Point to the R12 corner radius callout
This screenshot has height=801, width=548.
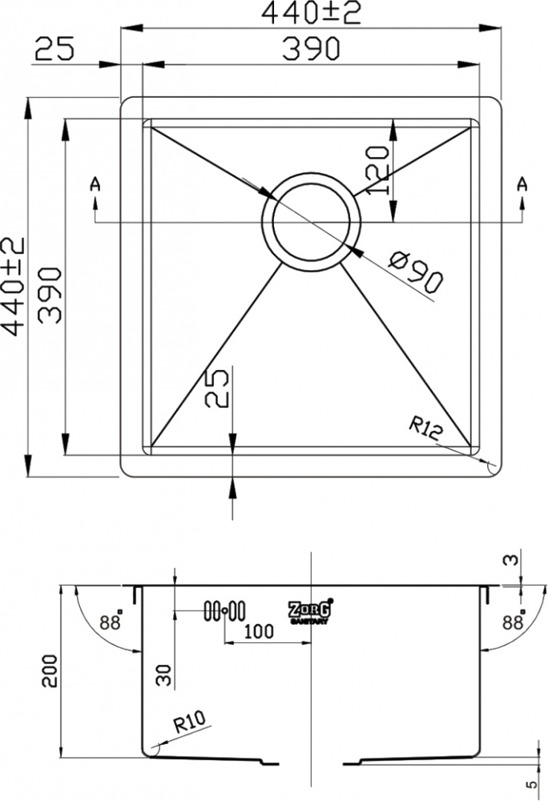425,429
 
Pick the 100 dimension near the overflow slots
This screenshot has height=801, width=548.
259,632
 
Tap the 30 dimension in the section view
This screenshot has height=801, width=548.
165,674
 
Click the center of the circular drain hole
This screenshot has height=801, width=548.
311,222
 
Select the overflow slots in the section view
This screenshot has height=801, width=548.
224,610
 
